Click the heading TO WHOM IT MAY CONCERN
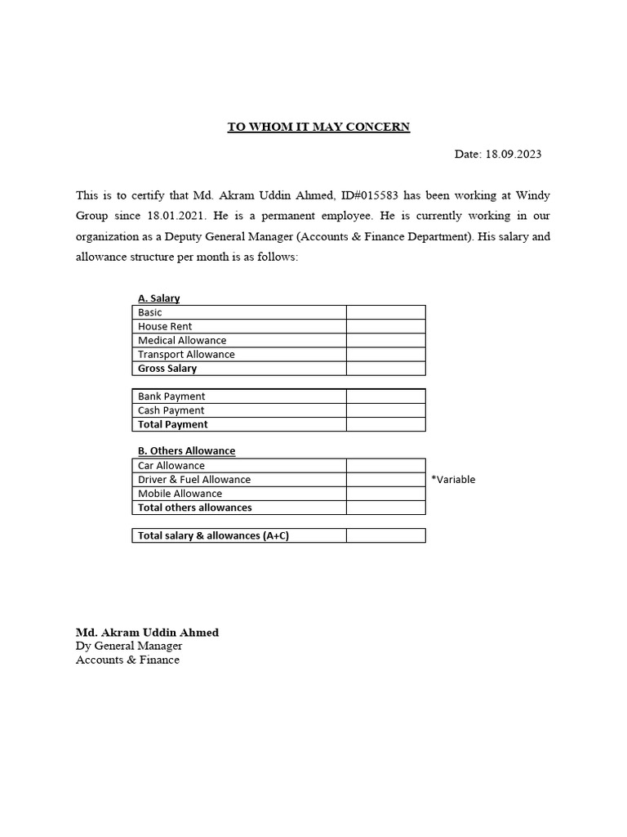pos(318,127)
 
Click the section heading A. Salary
pos(158,298)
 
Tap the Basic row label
pos(150,312)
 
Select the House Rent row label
pos(165,326)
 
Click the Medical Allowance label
pos(182,340)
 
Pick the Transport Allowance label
pos(186,354)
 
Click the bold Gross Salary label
pos(167,368)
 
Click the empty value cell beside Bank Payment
pos(385,396)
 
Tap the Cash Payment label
pos(171,410)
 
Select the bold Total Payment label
pos(173,424)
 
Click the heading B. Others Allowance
pos(186,450)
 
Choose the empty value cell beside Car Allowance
pos(385,465)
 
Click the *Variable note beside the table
pos(453,480)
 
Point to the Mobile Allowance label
pos(180,494)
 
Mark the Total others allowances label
pos(195,508)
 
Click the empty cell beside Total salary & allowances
pos(385,535)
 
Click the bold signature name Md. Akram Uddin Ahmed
pos(147,633)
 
